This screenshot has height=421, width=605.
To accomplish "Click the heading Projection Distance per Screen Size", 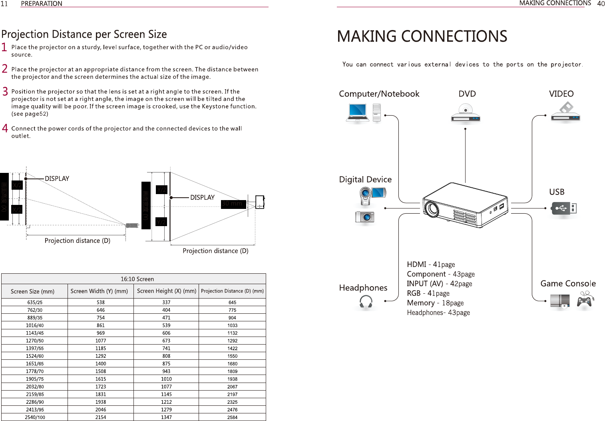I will pyautogui.click(x=84, y=34).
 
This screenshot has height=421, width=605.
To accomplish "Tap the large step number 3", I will pyautogui.click(x=5, y=92).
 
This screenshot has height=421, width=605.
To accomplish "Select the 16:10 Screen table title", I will pyautogui.click(x=137, y=279).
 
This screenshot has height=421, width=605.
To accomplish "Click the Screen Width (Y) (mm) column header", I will pyautogui.click(x=99, y=291).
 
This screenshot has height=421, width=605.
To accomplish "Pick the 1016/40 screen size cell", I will pyautogui.click(x=35, y=325).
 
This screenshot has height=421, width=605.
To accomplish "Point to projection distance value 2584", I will pyautogui.click(x=232, y=417).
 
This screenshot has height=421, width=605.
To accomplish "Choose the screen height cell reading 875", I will pyautogui.click(x=166, y=364).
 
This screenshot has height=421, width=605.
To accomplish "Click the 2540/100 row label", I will pyautogui.click(x=35, y=417).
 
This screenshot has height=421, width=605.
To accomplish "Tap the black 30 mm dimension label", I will pyautogui.click(x=232, y=204).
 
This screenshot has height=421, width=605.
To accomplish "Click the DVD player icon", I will pyautogui.click(x=465, y=114).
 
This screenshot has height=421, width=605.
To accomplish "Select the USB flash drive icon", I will pyautogui.click(x=563, y=208).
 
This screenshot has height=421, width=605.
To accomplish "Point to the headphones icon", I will pyautogui.click(x=366, y=302).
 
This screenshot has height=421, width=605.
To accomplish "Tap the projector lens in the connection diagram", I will pyautogui.click(x=432, y=208).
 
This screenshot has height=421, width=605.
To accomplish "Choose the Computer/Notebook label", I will pyautogui.click(x=379, y=94).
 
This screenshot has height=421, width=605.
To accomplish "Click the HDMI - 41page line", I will pyautogui.click(x=431, y=265).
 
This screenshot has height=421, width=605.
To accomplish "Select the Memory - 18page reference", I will pyautogui.click(x=435, y=303).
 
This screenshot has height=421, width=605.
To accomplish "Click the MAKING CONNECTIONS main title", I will pyautogui.click(x=422, y=36).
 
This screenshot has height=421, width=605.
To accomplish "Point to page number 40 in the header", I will pyautogui.click(x=601, y=4).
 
